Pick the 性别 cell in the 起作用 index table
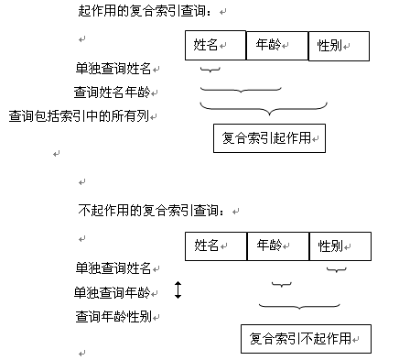pyautogui.click(x=340, y=45)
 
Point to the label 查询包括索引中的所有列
pyautogui.click(x=83, y=115)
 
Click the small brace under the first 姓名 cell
pyautogui.click(x=210, y=70)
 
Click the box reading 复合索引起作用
pyautogui.click(x=269, y=137)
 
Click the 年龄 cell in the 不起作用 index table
pyautogui.click(x=278, y=245)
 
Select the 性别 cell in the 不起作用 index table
pyautogui.click(x=340, y=245)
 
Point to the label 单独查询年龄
pyautogui.click(x=113, y=292)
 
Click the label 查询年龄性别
pyautogui.click(x=113, y=317)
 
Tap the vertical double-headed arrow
pyautogui.click(x=178, y=291)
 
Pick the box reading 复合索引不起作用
pyautogui.click(x=306, y=338)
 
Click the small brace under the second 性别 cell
pyautogui.click(x=337, y=269)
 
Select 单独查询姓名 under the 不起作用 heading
pyautogui.click(x=113, y=268)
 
